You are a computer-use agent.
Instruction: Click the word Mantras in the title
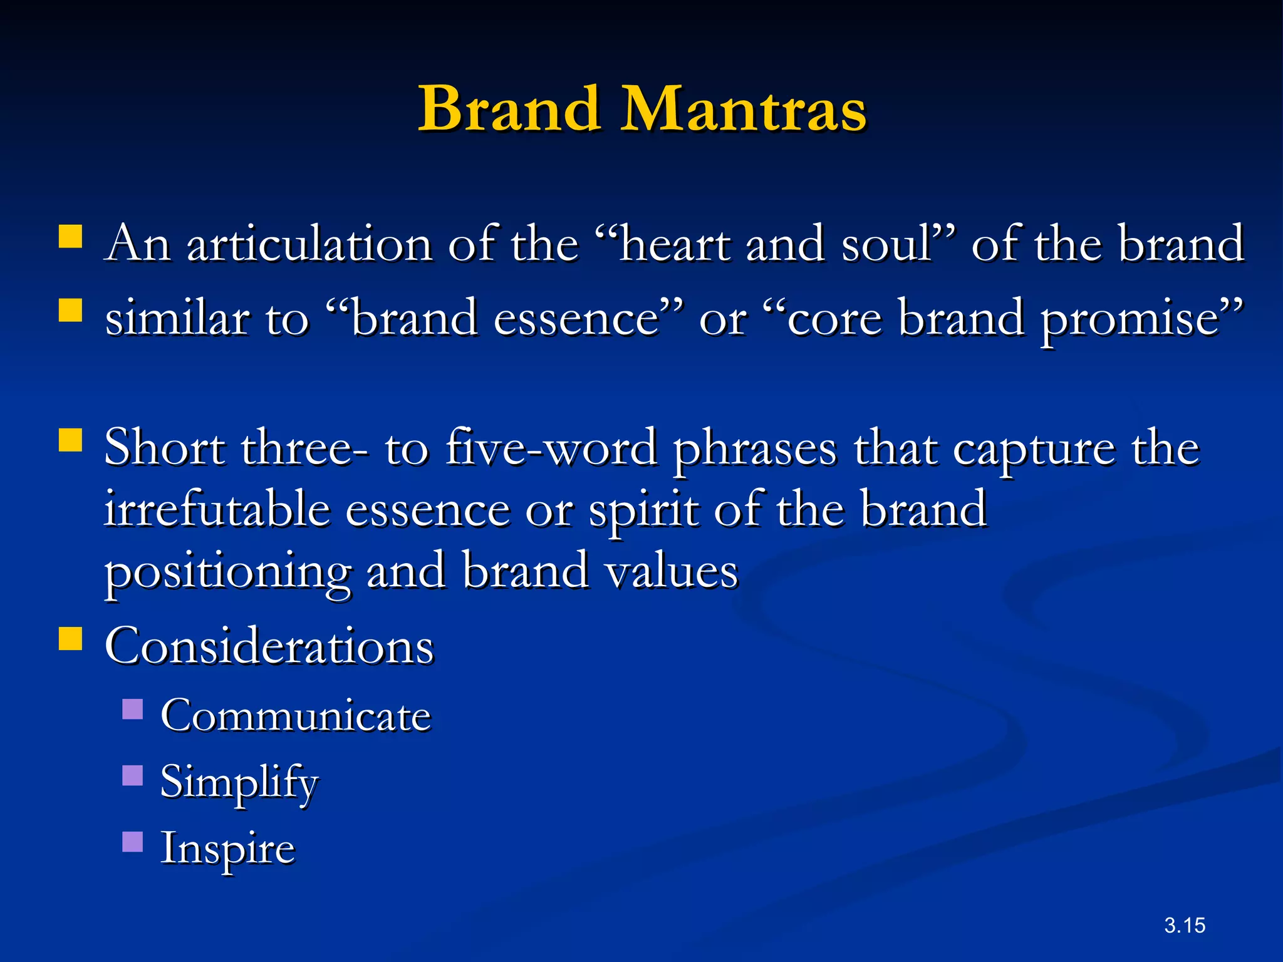pyautogui.click(x=743, y=109)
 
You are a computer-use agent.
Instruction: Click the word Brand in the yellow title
pyautogui.click(x=509, y=109)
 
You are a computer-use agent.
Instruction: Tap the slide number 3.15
pyautogui.click(x=1185, y=925)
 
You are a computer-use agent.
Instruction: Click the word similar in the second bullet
pyautogui.click(x=176, y=318)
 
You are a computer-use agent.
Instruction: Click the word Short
pyautogui.click(x=164, y=448)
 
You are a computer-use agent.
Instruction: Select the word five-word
pyautogui.click(x=551, y=448)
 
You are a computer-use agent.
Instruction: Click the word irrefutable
pyautogui.click(x=217, y=509)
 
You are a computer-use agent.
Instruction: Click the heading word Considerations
pyautogui.click(x=269, y=646)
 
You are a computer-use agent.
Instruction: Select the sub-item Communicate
pyautogui.click(x=296, y=715)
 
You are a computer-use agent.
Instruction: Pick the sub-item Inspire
pyautogui.click(x=227, y=849)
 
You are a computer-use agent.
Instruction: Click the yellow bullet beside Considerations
pyautogui.click(x=71, y=639)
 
